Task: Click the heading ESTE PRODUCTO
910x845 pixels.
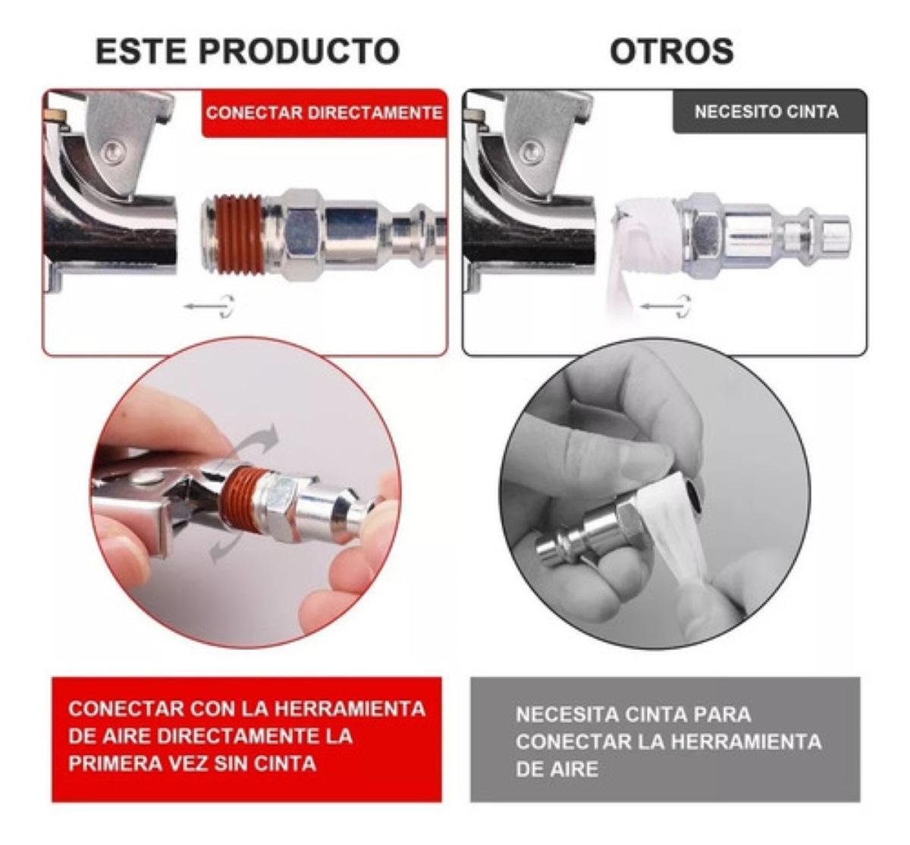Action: (x=247, y=52)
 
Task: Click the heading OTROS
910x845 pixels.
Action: (x=671, y=52)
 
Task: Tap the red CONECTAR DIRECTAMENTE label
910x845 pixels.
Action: (x=324, y=113)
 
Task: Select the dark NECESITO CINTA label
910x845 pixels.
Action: (x=766, y=112)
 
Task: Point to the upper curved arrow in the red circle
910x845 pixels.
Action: (x=258, y=439)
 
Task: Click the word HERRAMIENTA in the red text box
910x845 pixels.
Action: (x=350, y=708)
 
